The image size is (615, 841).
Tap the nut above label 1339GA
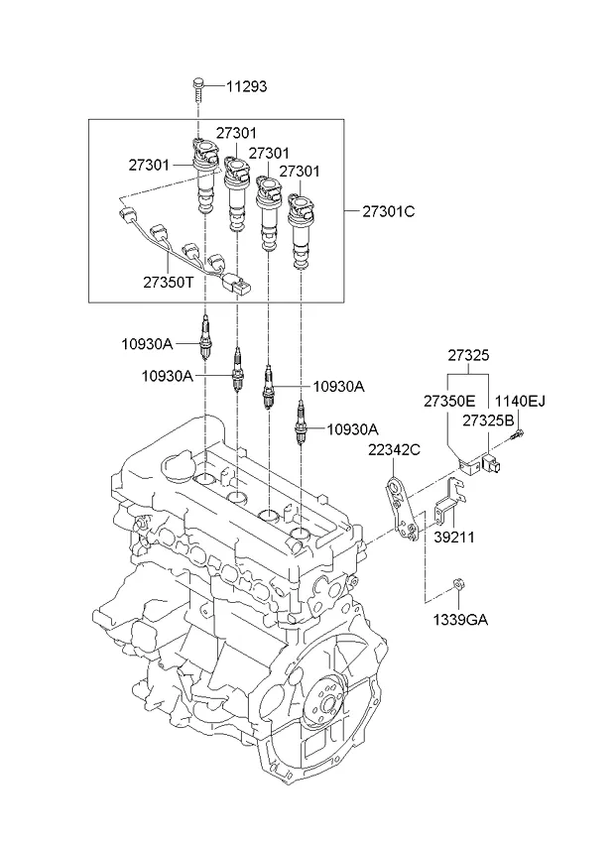tap(458, 587)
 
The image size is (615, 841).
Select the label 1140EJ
tap(521, 401)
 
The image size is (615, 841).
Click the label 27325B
tap(487, 421)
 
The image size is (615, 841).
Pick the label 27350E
tap(449, 401)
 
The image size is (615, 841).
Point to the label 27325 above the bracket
tap(467, 355)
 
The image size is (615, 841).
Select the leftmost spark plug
tap(204, 338)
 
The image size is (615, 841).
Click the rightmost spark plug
tap(302, 421)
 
